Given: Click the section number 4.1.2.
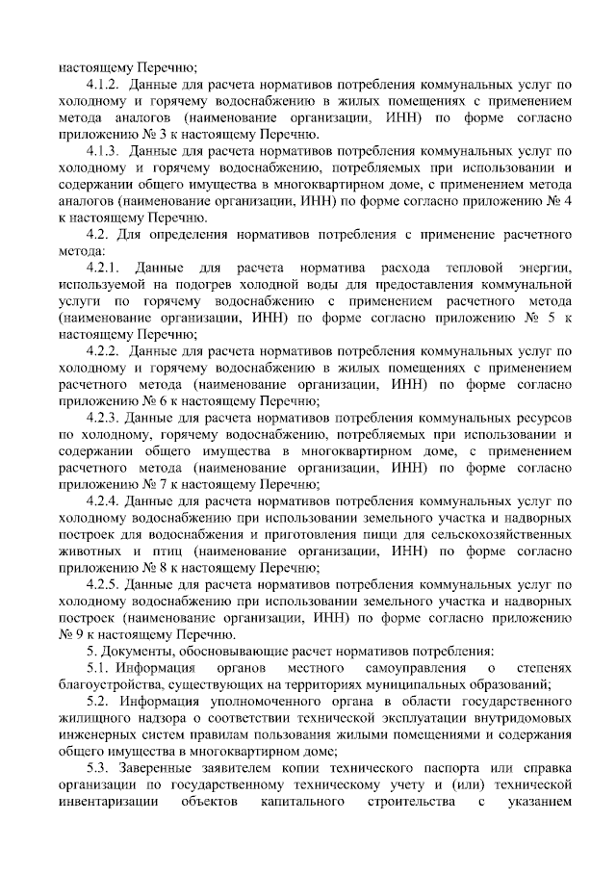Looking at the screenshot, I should pyautogui.click(x=102, y=84).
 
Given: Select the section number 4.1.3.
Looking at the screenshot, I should pyautogui.click(x=102, y=150).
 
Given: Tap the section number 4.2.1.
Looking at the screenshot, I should pyautogui.click(x=102, y=267).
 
